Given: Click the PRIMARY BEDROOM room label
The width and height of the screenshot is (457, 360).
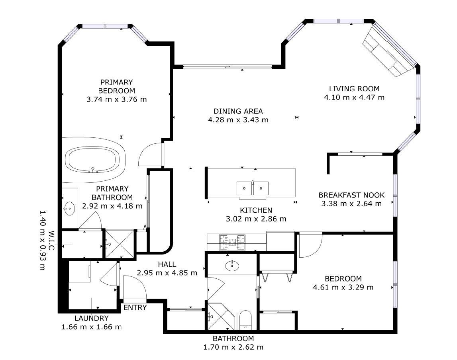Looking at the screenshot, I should click(x=116, y=86).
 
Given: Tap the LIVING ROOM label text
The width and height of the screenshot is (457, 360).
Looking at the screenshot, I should click(x=354, y=89).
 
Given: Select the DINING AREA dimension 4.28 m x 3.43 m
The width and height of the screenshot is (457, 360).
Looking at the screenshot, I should click(x=238, y=119).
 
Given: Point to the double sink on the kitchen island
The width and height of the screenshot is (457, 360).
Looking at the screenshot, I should click(x=252, y=187).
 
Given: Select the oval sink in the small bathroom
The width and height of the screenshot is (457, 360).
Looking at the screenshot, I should click(x=232, y=266).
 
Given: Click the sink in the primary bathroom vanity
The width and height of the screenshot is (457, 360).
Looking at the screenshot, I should click(x=70, y=208).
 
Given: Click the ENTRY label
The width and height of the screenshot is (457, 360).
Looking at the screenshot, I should click(x=135, y=308).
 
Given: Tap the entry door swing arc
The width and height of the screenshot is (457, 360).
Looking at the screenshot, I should click(x=131, y=288).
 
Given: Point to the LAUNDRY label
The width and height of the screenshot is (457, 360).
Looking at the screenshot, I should click(x=91, y=318).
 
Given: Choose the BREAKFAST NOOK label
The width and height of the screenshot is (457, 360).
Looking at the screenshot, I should click(x=351, y=195).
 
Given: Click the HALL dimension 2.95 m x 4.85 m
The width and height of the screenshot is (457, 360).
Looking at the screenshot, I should click(x=167, y=273).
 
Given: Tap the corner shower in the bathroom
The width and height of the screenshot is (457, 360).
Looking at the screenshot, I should click(x=220, y=316).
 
